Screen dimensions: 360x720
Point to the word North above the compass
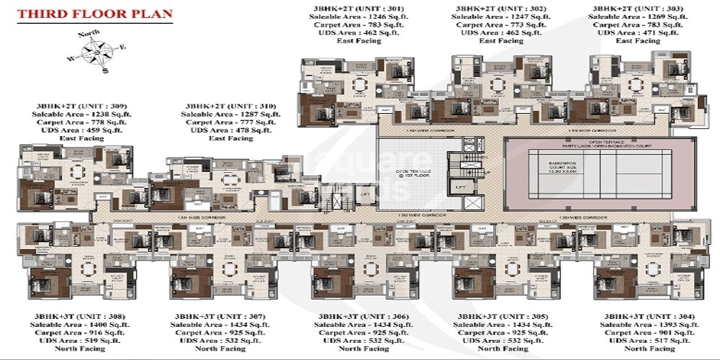click(90, 34)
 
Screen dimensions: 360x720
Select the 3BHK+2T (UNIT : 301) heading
click(340, 8)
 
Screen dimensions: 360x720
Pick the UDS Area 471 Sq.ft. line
click(624, 32)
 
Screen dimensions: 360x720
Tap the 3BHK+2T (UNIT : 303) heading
click(624, 8)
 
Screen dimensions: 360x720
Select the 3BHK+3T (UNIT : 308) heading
click(70, 317)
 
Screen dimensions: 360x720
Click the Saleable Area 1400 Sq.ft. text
click(70, 325)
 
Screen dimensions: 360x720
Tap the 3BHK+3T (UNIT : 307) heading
click(211, 317)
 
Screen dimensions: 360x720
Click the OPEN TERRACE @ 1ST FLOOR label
click(413, 175)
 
